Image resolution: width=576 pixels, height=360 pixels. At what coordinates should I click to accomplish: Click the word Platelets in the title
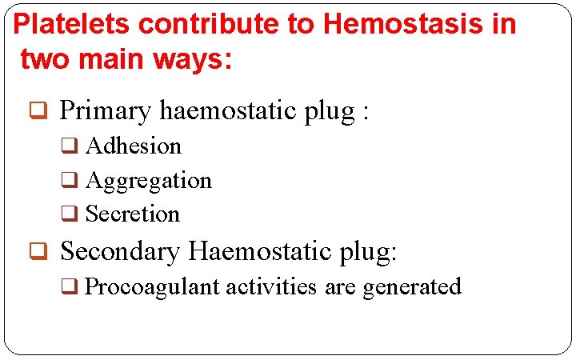[73, 24]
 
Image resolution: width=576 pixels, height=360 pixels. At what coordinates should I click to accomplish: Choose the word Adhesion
[134, 146]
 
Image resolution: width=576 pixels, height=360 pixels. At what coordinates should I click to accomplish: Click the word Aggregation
[149, 182]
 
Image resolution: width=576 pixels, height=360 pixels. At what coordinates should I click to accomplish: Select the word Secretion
[133, 214]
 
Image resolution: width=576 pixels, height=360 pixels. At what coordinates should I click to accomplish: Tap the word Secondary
[120, 251]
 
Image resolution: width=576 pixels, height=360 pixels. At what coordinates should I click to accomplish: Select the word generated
[412, 287]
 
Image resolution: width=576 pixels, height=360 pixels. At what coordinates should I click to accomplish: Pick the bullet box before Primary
[37, 112]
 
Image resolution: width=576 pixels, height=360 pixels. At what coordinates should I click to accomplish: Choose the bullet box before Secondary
[37, 253]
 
